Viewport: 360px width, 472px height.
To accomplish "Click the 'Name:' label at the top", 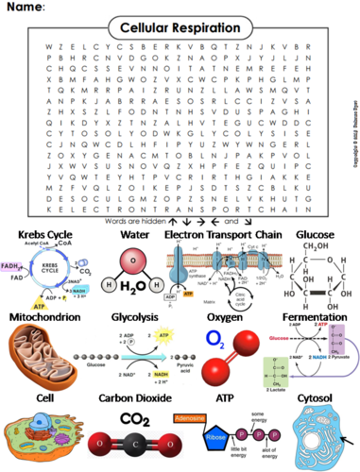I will (x=26, y=8).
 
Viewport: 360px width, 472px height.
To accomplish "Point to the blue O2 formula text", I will (x=215, y=339).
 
